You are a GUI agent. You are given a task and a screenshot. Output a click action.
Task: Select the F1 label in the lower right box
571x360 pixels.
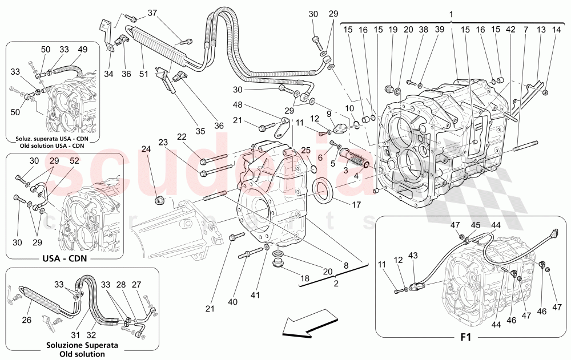(465, 338)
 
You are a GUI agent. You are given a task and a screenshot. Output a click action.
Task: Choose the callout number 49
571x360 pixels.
(83, 50)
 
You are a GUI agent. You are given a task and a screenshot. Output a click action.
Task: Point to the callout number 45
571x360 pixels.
(475, 225)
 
